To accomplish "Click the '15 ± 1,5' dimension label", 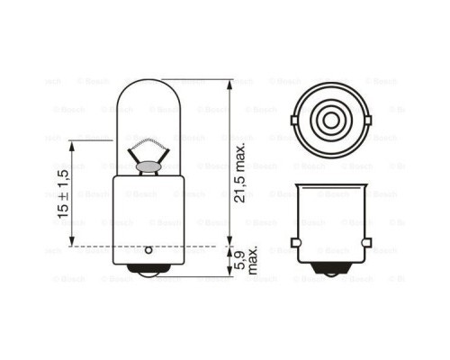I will pos(63,193).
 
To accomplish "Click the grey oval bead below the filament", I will pos(148,165).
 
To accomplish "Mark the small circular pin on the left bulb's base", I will pos(148,247).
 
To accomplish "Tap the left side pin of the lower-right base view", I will pos(295,244).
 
